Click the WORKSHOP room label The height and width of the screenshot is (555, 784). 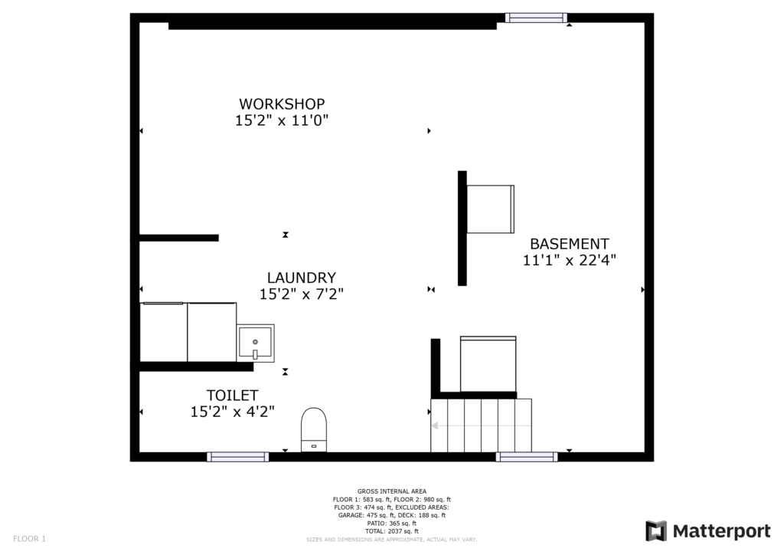(x=282, y=104)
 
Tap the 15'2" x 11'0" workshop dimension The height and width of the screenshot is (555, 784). (x=282, y=120)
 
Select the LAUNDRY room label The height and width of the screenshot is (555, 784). (x=302, y=277)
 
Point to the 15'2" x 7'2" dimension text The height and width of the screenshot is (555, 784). (x=302, y=294)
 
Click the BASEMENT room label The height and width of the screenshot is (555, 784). (x=570, y=245)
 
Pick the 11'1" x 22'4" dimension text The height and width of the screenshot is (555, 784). (x=570, y=260)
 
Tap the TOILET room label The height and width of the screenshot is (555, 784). (x=233, y=396)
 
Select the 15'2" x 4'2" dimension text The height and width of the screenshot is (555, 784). (x=233, y=412)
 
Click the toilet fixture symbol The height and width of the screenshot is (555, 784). (x=313, y=430)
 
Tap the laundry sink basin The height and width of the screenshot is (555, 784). (x=256, y=343)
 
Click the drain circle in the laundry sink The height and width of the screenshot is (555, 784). (x=255, y=342)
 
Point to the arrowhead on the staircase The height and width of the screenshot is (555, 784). (x=435, y=426)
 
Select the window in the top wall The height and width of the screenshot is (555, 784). (x=536, y=18)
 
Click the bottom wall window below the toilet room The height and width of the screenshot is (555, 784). (x=238, y=456)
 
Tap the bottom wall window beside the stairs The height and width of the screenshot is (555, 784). (x=527, y=456)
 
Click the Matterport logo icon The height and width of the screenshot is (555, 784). (x=656, y=531)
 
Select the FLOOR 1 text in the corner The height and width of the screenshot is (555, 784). (x=30, y=539)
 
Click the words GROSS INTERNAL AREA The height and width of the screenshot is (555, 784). (x=392, y=491)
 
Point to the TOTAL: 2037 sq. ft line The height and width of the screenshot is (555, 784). (x=392, y=531)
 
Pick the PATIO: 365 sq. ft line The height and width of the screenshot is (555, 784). (x=392, y=524)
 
